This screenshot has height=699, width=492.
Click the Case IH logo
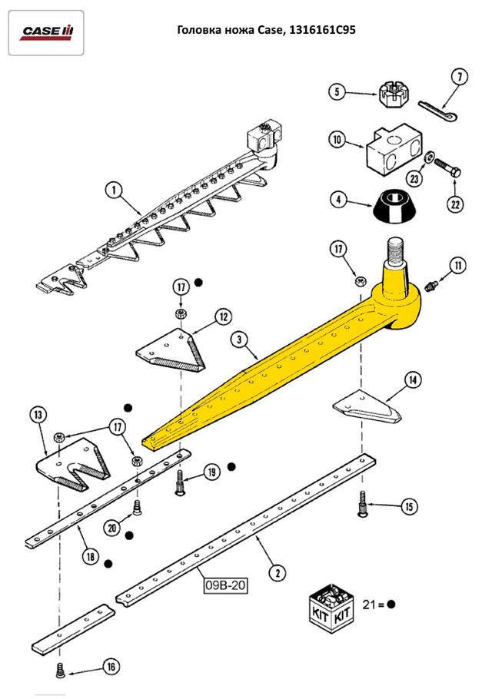tap(46, 32)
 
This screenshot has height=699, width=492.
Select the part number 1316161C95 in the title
tap(322, 30)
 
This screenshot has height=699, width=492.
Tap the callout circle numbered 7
tap(460, 77)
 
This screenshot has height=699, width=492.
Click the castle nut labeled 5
tap(391, 94)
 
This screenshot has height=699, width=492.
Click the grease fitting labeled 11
tap(431, 286)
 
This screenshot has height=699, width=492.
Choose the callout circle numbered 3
tap(239, 340)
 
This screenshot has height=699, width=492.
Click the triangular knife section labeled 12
tap(171, 350)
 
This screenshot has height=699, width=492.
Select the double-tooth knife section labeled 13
tap(74, 464)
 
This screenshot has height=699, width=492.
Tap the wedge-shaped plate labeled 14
tap(367, 406)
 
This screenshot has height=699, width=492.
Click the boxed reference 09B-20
tap(226, 585)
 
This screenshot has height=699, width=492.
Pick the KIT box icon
tap(331, 608)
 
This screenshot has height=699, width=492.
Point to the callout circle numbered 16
tap(112, 667)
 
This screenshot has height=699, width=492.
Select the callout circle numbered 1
tap(114, 190)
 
